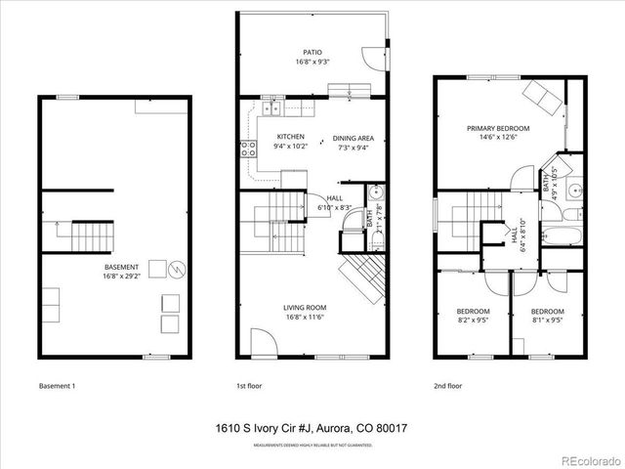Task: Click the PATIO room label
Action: [312, 53]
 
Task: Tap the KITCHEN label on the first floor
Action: [291, 136]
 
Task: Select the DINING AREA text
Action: [354, 138]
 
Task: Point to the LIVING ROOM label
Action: [305, 307]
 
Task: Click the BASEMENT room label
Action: [121, 267]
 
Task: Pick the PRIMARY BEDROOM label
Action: [497, 128]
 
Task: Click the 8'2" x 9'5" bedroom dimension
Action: [473, 320]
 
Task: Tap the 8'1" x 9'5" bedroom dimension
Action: [547, 320]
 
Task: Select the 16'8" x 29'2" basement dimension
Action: [121, 277]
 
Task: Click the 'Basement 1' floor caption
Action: [57, 385]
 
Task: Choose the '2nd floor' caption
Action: [448, 385]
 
